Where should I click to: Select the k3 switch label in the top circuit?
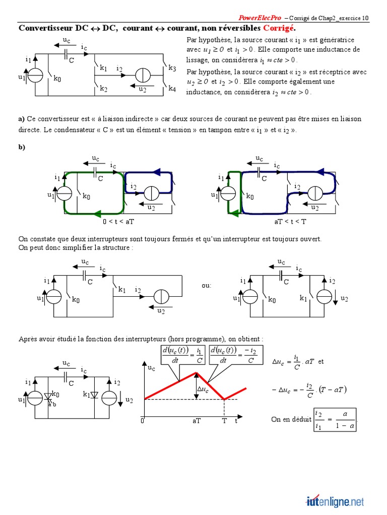pyautogui.click(x=172, y=68)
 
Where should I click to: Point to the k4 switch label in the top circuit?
pyautogui.click(x=172, y=89)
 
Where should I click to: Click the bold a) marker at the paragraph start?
pyautogui.click(x=21, y=119)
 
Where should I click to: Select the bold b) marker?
pyautogui.click(x=22, y=147)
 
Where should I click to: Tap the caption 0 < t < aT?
pyautogui.click(x=118, y=221)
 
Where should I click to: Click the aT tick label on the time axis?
pyautogui.click(x=196, y=421)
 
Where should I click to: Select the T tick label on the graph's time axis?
pyautogui.click(x=224, y=421)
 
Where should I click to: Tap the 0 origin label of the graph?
pyautogui.click(x=143, y=420)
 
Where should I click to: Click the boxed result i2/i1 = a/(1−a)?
pyautogui.click(x=335, y=419)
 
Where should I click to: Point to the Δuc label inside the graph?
pyautogui.click(x=203, y=389)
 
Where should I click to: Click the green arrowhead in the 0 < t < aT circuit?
pyautogui.click(x=97, y=212)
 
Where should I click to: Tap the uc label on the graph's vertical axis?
pyautogui.click(x=151, y=368)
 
